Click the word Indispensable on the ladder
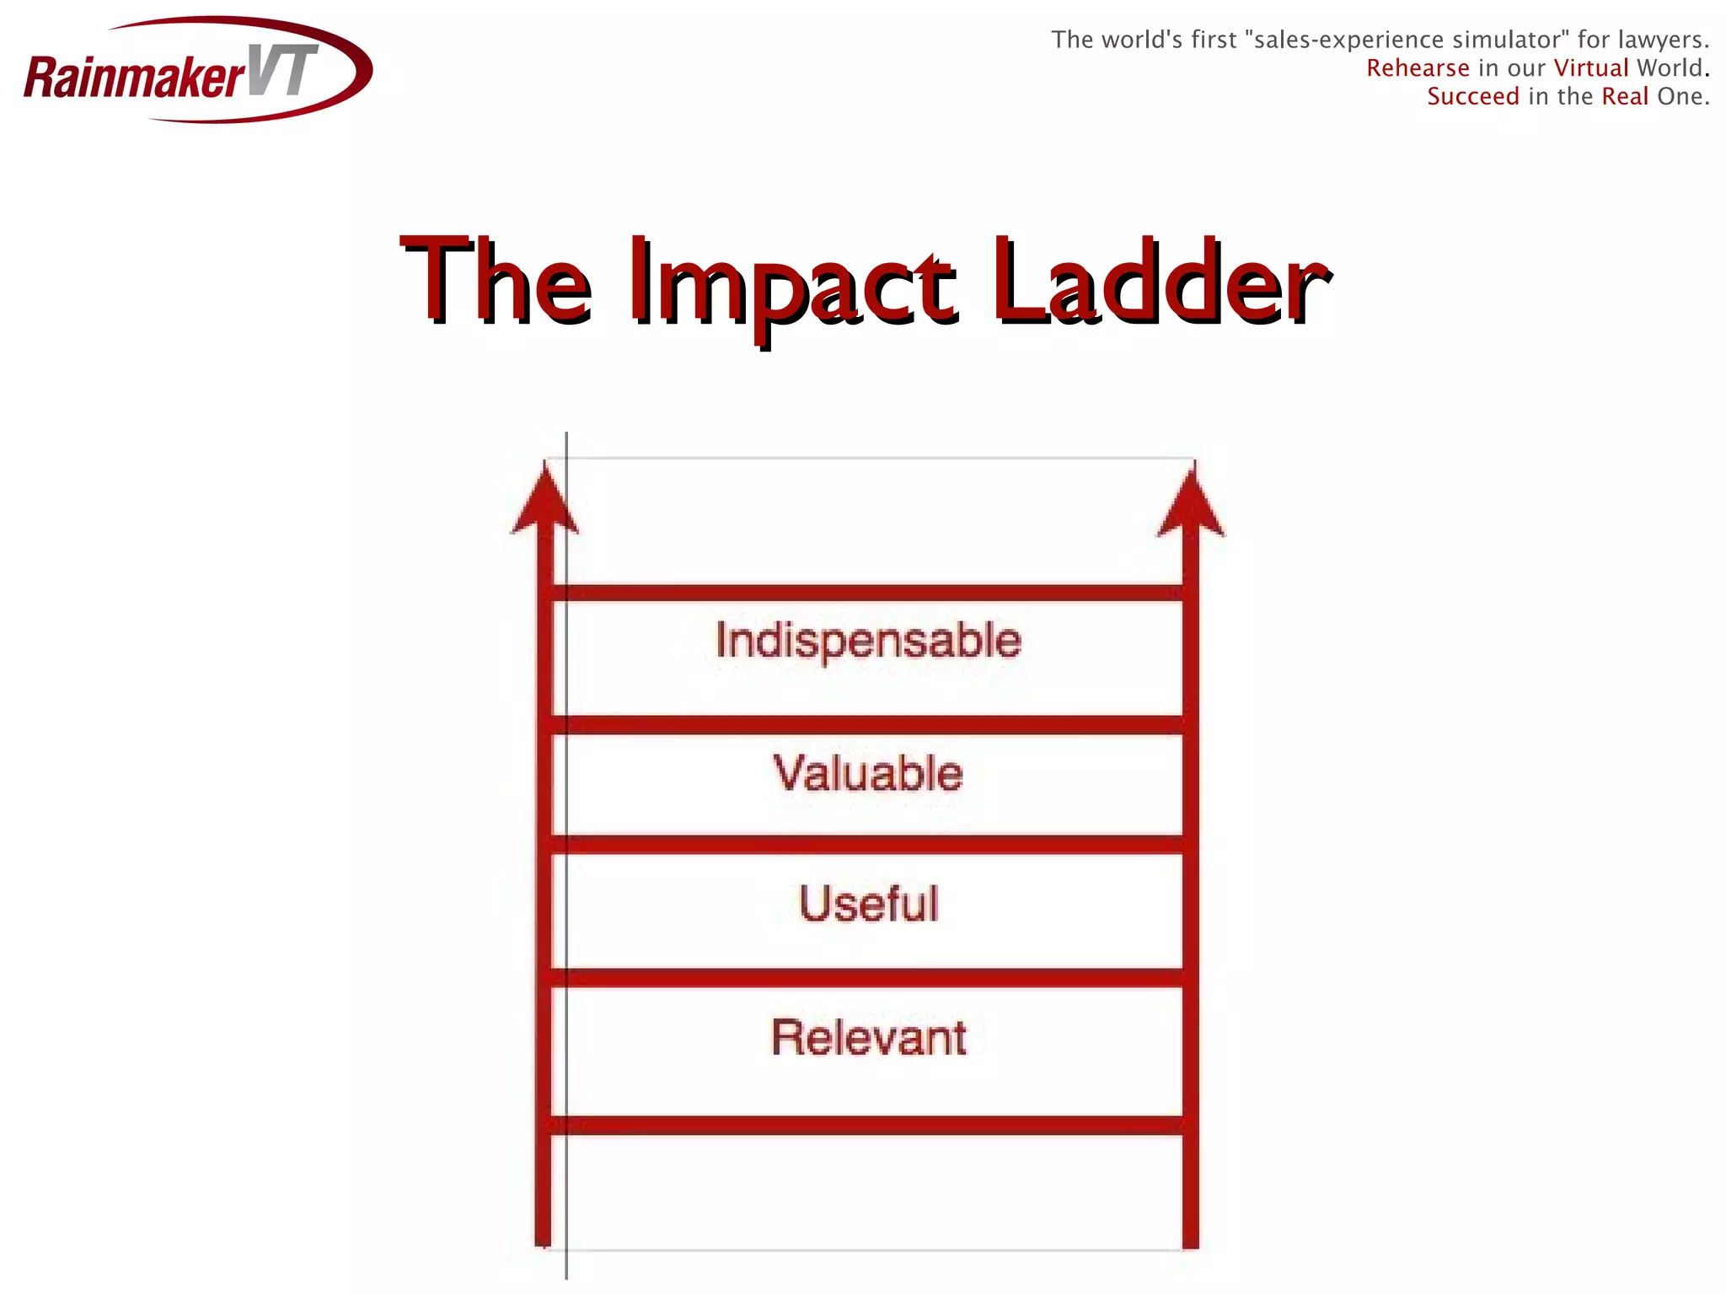click(x=868, y=640)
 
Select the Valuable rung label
click(x=868, y=773)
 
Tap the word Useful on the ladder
click(x=868, y=904)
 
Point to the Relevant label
click(x=868, y=1037)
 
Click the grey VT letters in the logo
click(x=283, y=71)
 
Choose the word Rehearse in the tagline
click(x=1418, y=68)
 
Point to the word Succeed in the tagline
click(x=1473, y=97)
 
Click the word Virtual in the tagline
click(x=1591, y=68)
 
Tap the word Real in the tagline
click(x=1625, y=97)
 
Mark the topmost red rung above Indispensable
click(x=868, y=593)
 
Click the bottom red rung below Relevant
click(x=868, y=1126)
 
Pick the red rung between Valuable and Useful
click(x=868, y=845)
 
